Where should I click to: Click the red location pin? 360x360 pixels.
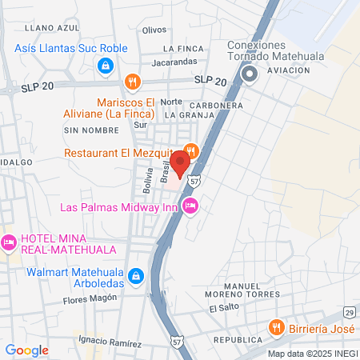[181, 165]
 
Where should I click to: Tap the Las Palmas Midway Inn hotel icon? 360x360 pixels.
[190, 206]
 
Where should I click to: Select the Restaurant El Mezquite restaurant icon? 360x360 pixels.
[190, 150]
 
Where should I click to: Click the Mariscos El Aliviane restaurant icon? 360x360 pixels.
[133, 81]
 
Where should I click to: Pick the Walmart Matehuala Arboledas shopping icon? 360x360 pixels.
[136, 276]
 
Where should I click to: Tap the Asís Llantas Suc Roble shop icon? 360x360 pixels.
[103, 65]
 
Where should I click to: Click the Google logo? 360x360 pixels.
[26, 350]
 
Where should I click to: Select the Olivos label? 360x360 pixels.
[154, 30]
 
